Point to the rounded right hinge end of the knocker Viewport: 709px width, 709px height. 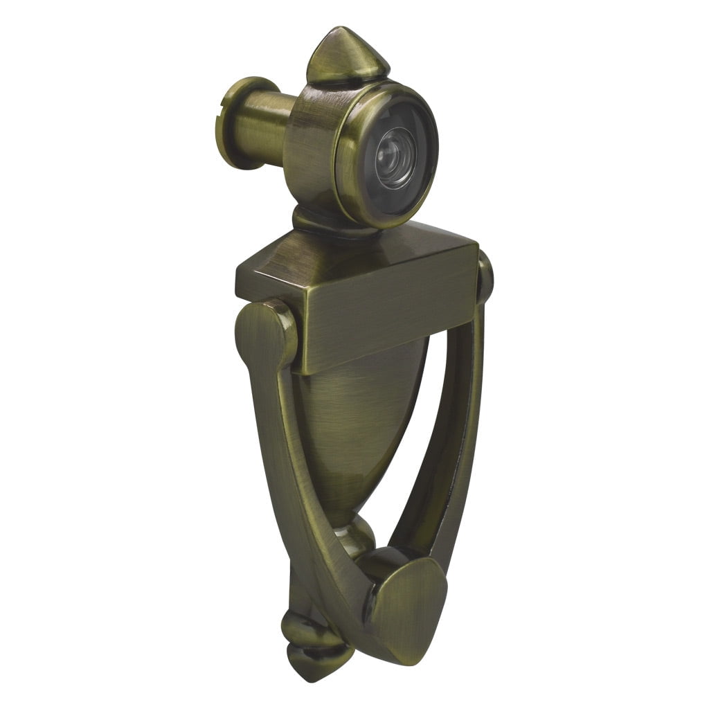point(485,277)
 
